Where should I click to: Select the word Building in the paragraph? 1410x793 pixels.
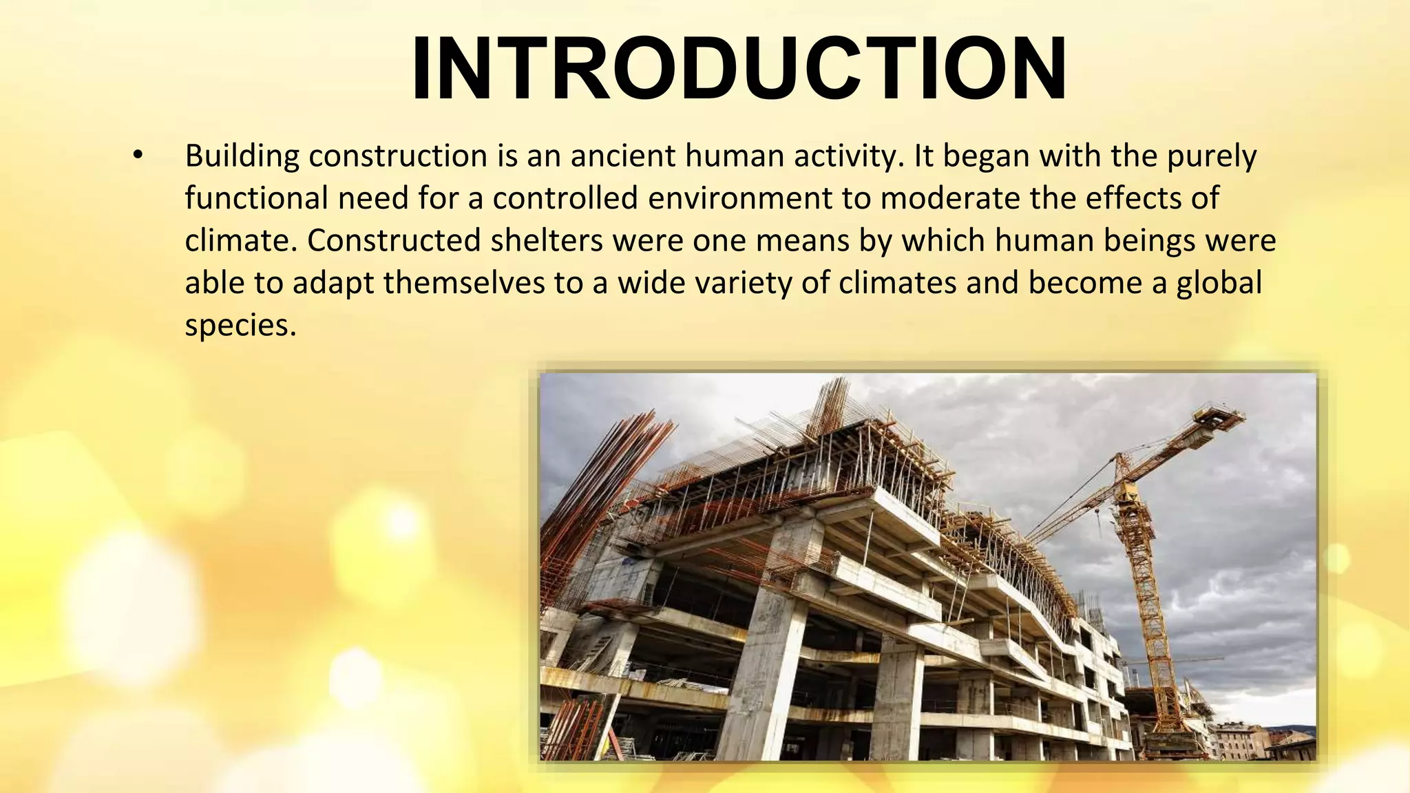242,157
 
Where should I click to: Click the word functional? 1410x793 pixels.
255,199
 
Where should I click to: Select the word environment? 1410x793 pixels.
739,199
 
